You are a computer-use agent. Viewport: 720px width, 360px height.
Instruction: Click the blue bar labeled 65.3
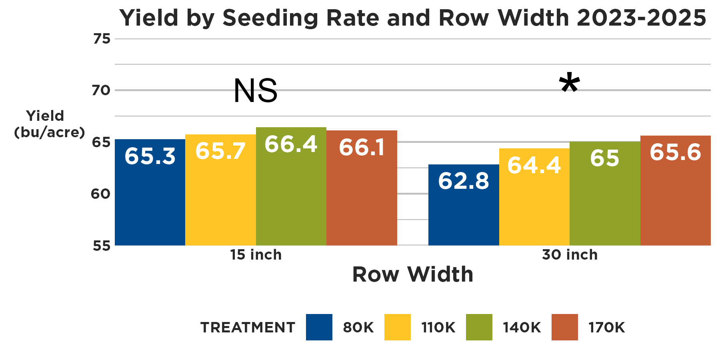[150, 192]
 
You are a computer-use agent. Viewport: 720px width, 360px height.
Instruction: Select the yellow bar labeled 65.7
[220, 190]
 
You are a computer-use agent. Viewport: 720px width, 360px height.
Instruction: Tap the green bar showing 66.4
[291, 186]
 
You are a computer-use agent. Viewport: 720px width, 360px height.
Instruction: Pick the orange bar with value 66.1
[362, 188]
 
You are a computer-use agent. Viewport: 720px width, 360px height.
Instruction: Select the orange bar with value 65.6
[675, 190]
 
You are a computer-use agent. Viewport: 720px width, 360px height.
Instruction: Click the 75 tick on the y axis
[101, 39]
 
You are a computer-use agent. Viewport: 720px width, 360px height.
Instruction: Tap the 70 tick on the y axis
[101, 90]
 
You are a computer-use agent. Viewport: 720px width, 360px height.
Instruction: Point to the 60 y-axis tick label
[100, 194]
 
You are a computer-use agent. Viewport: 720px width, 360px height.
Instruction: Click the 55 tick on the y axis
[101, 246]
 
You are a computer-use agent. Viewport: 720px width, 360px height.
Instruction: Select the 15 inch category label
[256, 255]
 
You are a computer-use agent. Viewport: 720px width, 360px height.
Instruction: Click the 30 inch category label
[570, 255]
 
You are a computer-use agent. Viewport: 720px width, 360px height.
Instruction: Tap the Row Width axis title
[412, 274]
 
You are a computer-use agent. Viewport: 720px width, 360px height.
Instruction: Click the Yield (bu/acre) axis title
[49, 124]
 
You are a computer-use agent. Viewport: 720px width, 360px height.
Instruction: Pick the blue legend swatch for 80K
[319, 327]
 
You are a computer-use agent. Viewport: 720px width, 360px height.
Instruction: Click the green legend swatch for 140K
[479, 327]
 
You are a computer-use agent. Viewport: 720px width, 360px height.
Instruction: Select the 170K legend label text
[606, 328]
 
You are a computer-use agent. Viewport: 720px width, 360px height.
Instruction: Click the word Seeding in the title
[270, 18]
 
